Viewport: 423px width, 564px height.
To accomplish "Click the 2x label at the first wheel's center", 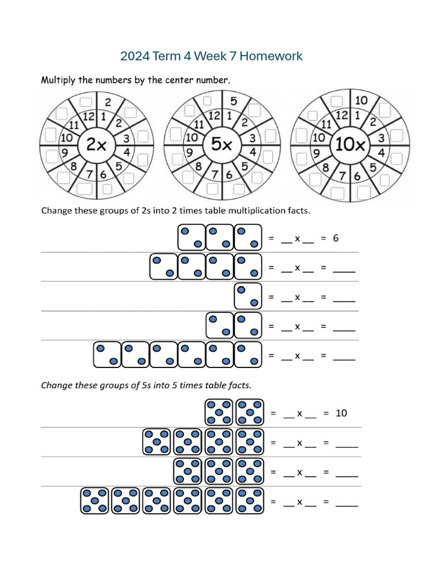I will pos(97,144).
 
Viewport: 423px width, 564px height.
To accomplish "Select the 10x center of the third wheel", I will pos(350,144).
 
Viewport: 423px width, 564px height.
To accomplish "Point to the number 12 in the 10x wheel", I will pos(342,115).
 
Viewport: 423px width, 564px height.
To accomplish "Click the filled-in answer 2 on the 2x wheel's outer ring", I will pos(108,102).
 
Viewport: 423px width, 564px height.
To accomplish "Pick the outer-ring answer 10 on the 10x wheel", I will pos(361,101).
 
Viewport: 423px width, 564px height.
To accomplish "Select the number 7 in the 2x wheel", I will pos(90,175).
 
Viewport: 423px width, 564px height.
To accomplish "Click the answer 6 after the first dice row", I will pos(336,238).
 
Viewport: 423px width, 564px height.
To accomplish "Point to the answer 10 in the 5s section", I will pos(341,413).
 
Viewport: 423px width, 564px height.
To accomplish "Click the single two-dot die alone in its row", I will pos(247,296).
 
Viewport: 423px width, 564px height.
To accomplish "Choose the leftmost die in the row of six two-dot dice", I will pos(107,355).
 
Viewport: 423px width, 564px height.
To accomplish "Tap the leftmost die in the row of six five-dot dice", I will pos(95,501).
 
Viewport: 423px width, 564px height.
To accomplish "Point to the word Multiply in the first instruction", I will pos(58,80).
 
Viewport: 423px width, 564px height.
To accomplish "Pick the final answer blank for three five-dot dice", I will pos(346,475).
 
